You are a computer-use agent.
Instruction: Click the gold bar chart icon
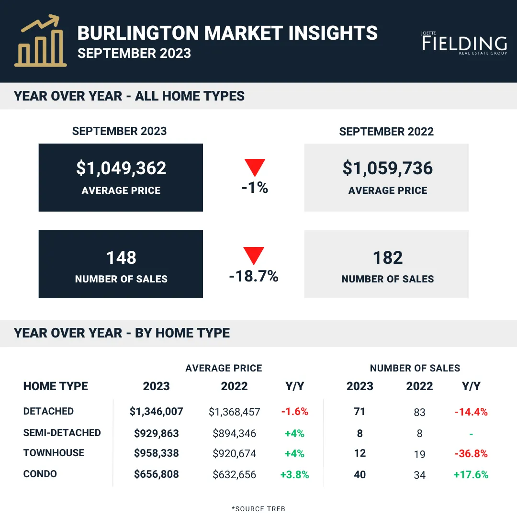(40, 41)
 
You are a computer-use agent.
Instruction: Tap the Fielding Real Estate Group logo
(464, 43)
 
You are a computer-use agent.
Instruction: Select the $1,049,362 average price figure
(121, 168)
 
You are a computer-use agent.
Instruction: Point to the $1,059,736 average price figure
(387, 168)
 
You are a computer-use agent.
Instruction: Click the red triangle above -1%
(255, 167)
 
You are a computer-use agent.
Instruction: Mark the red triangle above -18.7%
(254, 255)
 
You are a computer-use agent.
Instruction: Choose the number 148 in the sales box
(121, 258)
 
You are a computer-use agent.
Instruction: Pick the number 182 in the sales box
(387, 258)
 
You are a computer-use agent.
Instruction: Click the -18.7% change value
(254, 276)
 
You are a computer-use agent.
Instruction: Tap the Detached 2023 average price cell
(156, 412)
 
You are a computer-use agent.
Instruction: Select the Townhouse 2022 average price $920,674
(234, 454)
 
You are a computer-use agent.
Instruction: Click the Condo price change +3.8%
(294, 474)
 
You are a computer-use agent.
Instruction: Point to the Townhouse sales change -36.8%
(471, 454)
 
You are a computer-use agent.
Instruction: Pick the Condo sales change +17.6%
(471, 474)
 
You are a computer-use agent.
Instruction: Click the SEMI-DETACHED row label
(62, 433)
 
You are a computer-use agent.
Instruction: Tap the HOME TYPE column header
(56, 386)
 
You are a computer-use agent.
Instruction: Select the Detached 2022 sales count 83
(419, 412)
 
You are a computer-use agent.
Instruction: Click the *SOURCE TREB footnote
(258, 509)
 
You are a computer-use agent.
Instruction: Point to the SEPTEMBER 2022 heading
(386, 132)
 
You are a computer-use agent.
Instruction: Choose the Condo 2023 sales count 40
(360, 474)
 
